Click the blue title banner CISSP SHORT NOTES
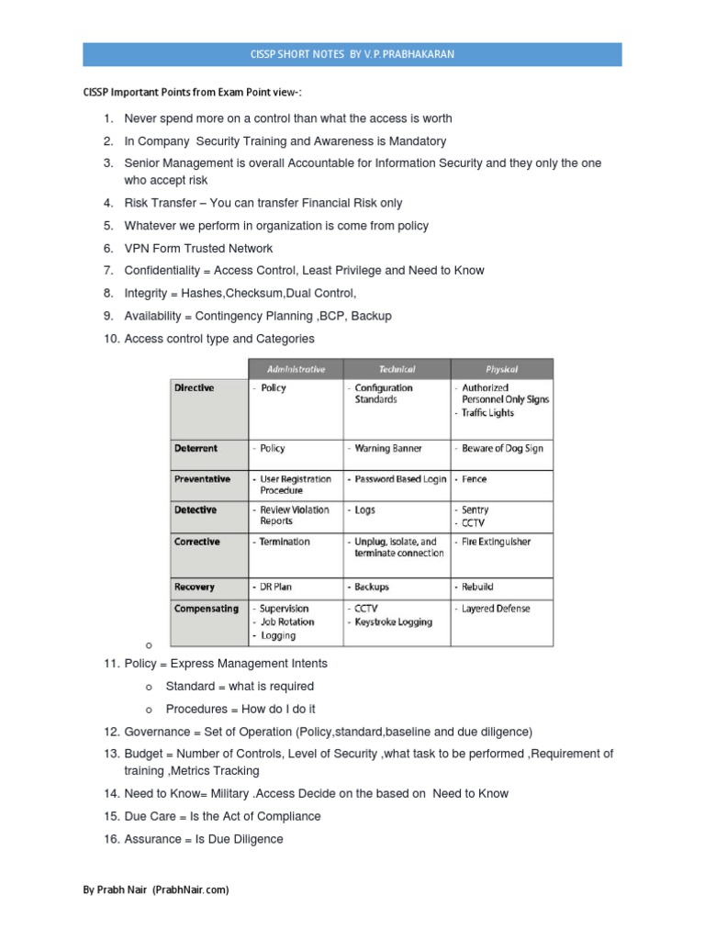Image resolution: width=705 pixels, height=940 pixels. pyautogui.click(x=352, y=54)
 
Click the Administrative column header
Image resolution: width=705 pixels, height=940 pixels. pyautogui.click(x=296, y=369)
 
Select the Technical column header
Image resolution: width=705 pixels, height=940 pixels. pyautogui.click(x=397, y=369)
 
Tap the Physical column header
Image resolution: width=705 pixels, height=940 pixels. pyautogui.click(x=501, y=369)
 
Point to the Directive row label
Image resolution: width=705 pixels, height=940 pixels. pyautogui.click(x=194, y=388)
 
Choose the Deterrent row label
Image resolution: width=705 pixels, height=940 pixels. pyautogui.click(x=196, y=449)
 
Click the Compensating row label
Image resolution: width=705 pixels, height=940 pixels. pyautogui.click(x=206, y=609)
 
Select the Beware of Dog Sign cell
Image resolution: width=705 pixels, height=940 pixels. pyautogui.click(x=502, y=449)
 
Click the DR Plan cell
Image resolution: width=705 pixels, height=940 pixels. pyautogui.click(x=278, y=587)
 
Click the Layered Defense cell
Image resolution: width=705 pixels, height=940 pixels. pyautogui.click(x=496, y=609)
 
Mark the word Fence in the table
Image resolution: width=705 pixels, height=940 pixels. pyautogui.click(x=475, y=479)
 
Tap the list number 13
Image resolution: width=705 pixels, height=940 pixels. pyautogui.click(x=111, y=754)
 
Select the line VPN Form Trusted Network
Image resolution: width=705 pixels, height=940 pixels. pyautogui.click(x=198, y=248)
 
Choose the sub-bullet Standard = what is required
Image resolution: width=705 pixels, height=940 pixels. pyautogui.click(x=239, y=687)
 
